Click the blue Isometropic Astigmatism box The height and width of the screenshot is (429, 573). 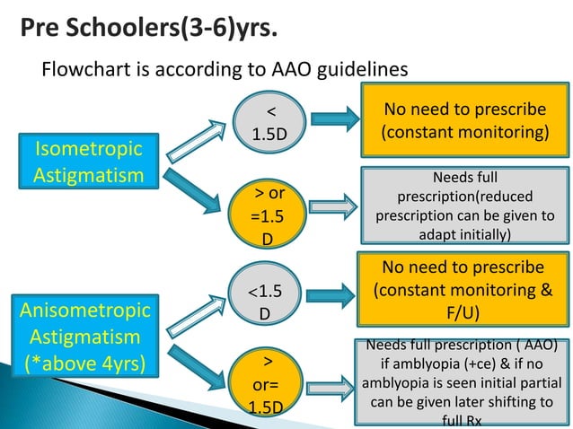point(88,160)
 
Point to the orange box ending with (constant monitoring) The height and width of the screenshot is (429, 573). point(464,120)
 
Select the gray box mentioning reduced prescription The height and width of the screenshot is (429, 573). point(464,206)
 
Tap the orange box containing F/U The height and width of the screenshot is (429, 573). point(464,292)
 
